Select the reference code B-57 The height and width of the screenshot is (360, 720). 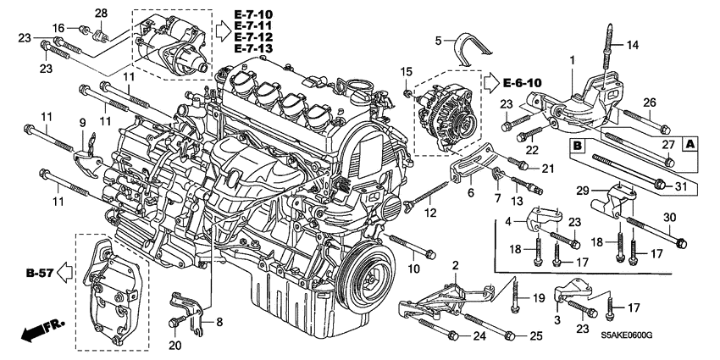point(40,274)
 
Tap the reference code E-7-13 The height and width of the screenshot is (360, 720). point(254,50)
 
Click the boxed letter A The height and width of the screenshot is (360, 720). point(690,144)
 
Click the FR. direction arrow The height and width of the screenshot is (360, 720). point(39,332)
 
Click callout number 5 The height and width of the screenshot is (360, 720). point(439,40)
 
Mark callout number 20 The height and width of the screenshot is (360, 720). point(175,345)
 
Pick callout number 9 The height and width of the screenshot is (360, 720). point(83,124)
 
